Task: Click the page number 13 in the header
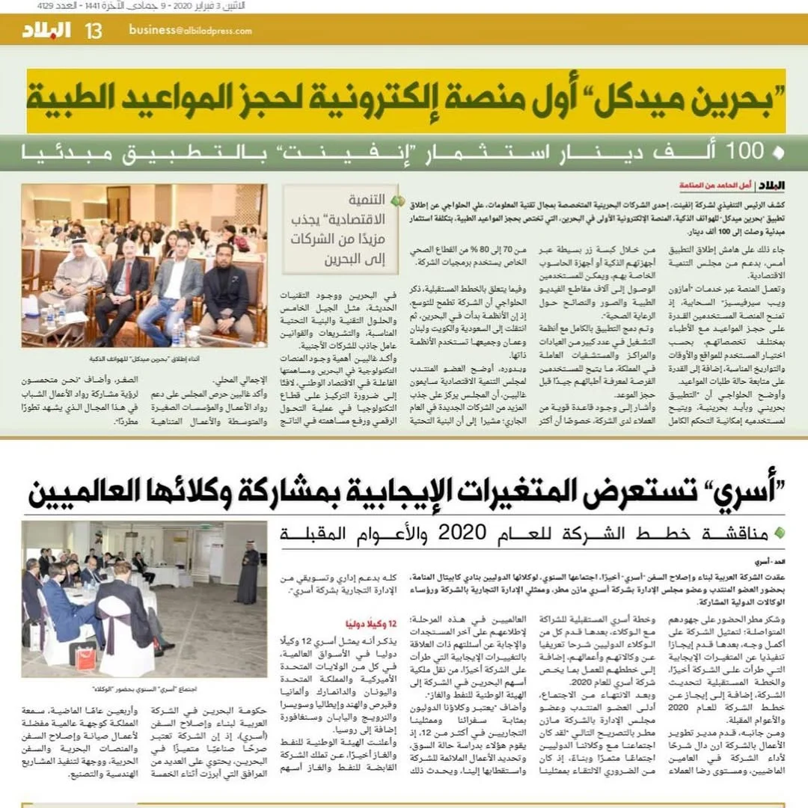click(94, 30)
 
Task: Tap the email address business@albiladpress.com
click(190, 30)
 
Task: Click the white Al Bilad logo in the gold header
click(46, 30)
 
